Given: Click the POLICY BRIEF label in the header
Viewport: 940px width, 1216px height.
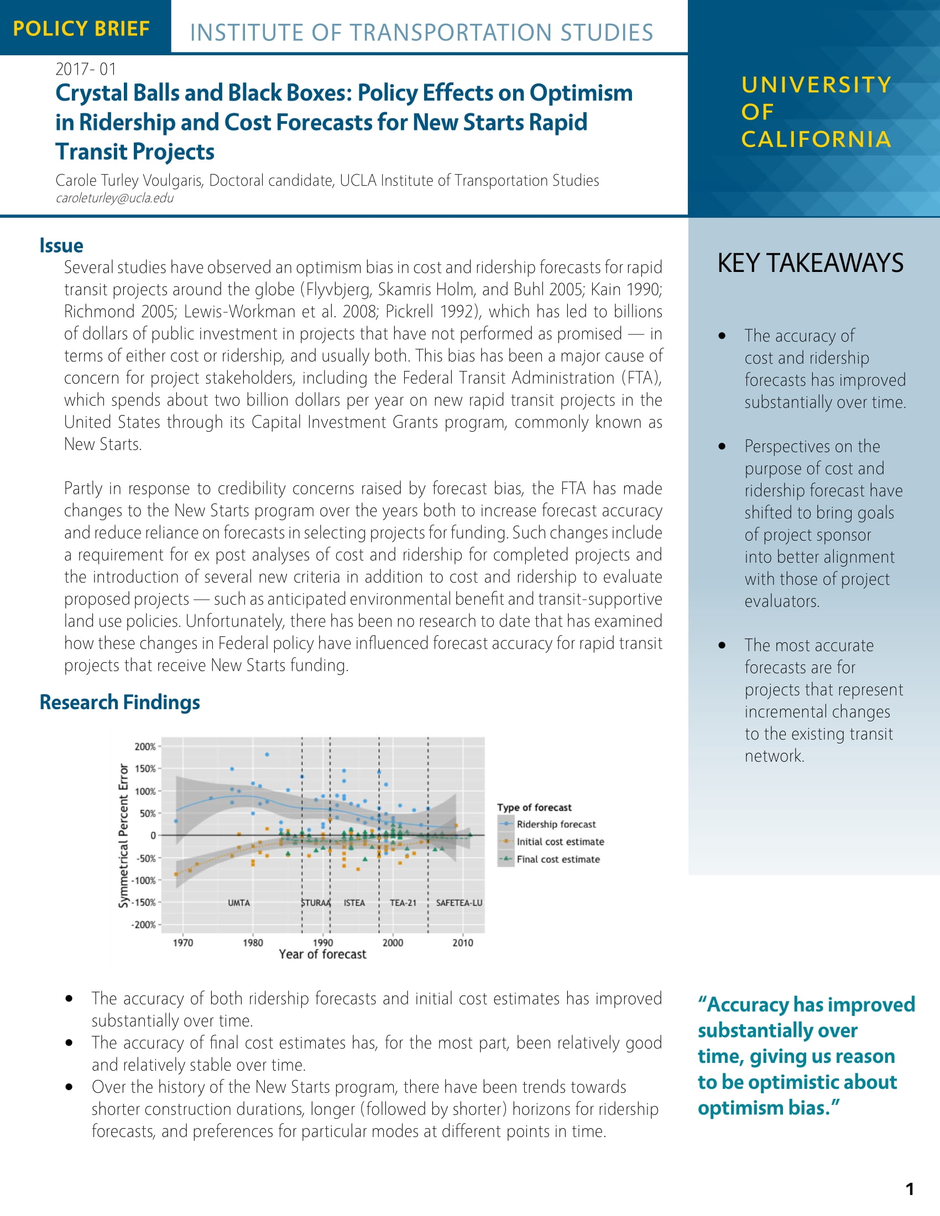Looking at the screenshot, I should pyautogui.click(x=81, y=28).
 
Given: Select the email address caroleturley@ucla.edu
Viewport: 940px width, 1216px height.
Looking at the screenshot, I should pyautogui.click(x=114, y=199).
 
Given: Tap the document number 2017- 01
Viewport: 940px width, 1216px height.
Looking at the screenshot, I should pyautogui.click(x=86, y=69).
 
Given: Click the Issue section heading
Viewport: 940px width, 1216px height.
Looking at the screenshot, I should pyautogui.click(x=61, y=245).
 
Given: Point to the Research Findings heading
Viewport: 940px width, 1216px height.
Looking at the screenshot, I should pyautogui.click(x=120, y=702).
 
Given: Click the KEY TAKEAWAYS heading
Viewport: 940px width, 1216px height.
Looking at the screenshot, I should pyautogui.click(x=810, y=263).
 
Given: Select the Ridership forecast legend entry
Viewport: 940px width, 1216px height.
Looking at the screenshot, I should pyautogui.click(x=555, y=824).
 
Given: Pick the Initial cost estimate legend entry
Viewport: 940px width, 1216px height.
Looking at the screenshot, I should pyautogui.click(x=560, y=842).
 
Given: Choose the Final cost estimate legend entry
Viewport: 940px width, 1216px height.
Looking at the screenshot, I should pyautogui.click(x=557, y=859).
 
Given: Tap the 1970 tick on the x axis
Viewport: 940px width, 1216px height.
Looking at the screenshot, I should pyautogui.click(x=182, y=942).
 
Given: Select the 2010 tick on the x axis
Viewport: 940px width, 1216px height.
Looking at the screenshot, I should pyautogui.click(x=463, y=942).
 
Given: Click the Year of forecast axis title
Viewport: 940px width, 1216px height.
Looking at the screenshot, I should pyautogui.click(x=322, y=955).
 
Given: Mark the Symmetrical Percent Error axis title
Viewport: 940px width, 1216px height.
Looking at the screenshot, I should pyautogui.click(x=124, y=835).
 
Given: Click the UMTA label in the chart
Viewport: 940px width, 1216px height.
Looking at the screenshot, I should pyautogui.click(x=239, y=903).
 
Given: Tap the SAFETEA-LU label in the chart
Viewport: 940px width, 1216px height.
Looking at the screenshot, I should pyautogui.click(x=459, y=903).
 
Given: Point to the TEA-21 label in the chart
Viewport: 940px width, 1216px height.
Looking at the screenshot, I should pyautogui.click(x=403, y=903).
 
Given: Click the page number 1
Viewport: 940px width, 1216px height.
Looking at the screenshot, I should pyautogui.click(x=910, y=1189).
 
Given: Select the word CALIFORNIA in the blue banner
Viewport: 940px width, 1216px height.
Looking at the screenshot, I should pyautogui.click(x=816, y=139).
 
